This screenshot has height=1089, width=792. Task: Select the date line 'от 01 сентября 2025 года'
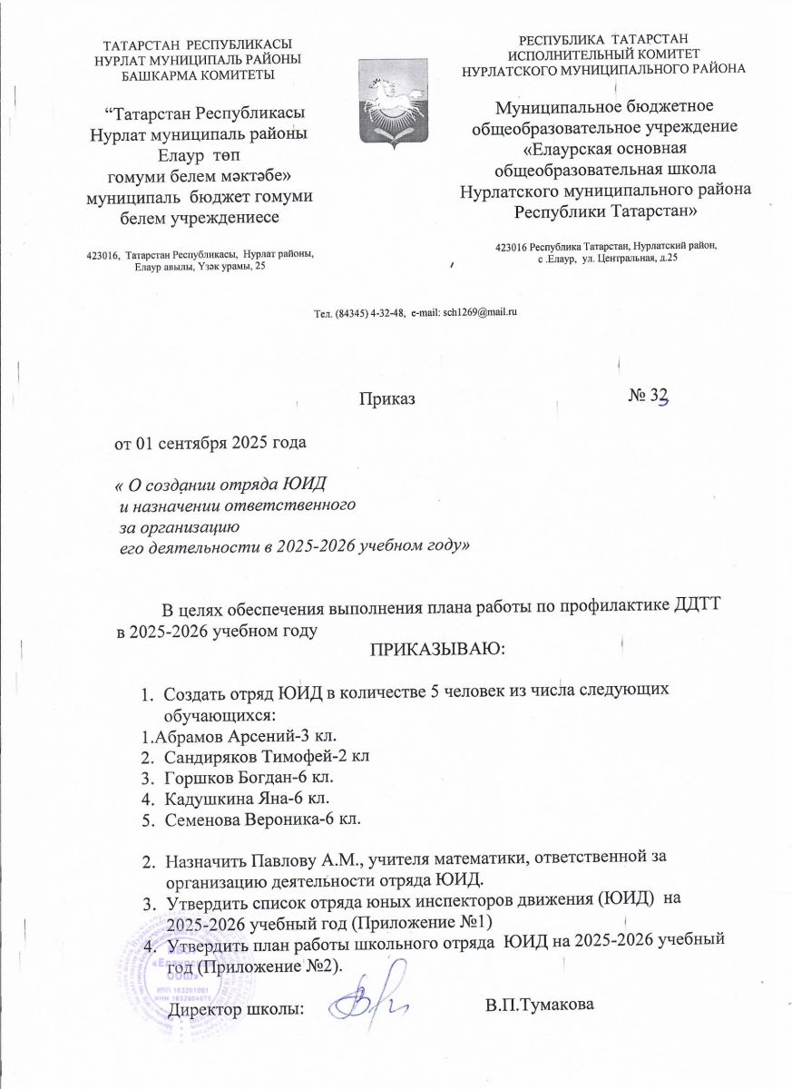pos(210,444)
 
